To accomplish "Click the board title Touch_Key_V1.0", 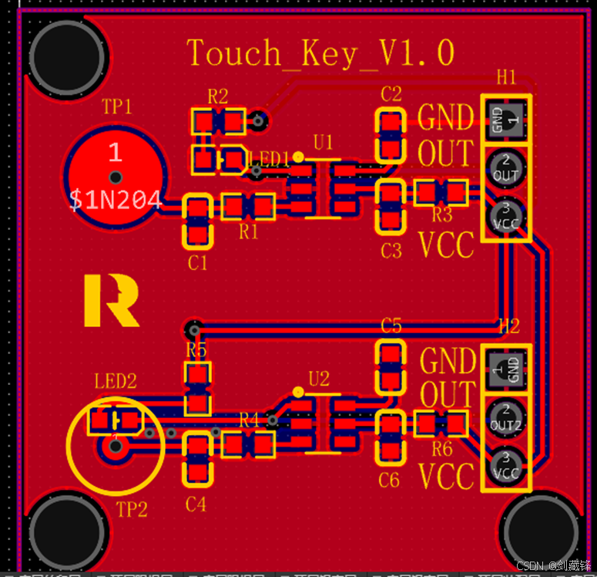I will (x=321, y=53).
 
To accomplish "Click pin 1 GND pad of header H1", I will (x=506, y=120).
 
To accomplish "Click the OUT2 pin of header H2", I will (x=506, y=417).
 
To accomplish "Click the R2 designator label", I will (x=218, y=96).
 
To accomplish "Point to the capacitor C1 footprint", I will (x=198, y=221).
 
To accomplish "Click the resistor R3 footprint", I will (x=441, y=192).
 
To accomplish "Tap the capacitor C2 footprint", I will (x=391, y=134).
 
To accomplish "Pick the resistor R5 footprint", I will (x=197, y=389).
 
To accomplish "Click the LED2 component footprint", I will (x=116, y=420).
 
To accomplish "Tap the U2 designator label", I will (x=319, y=379).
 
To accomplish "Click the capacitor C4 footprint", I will (x=198, y=460).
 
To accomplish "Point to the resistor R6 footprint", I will (x=441, y=423).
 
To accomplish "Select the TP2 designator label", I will (x=131, y=509).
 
